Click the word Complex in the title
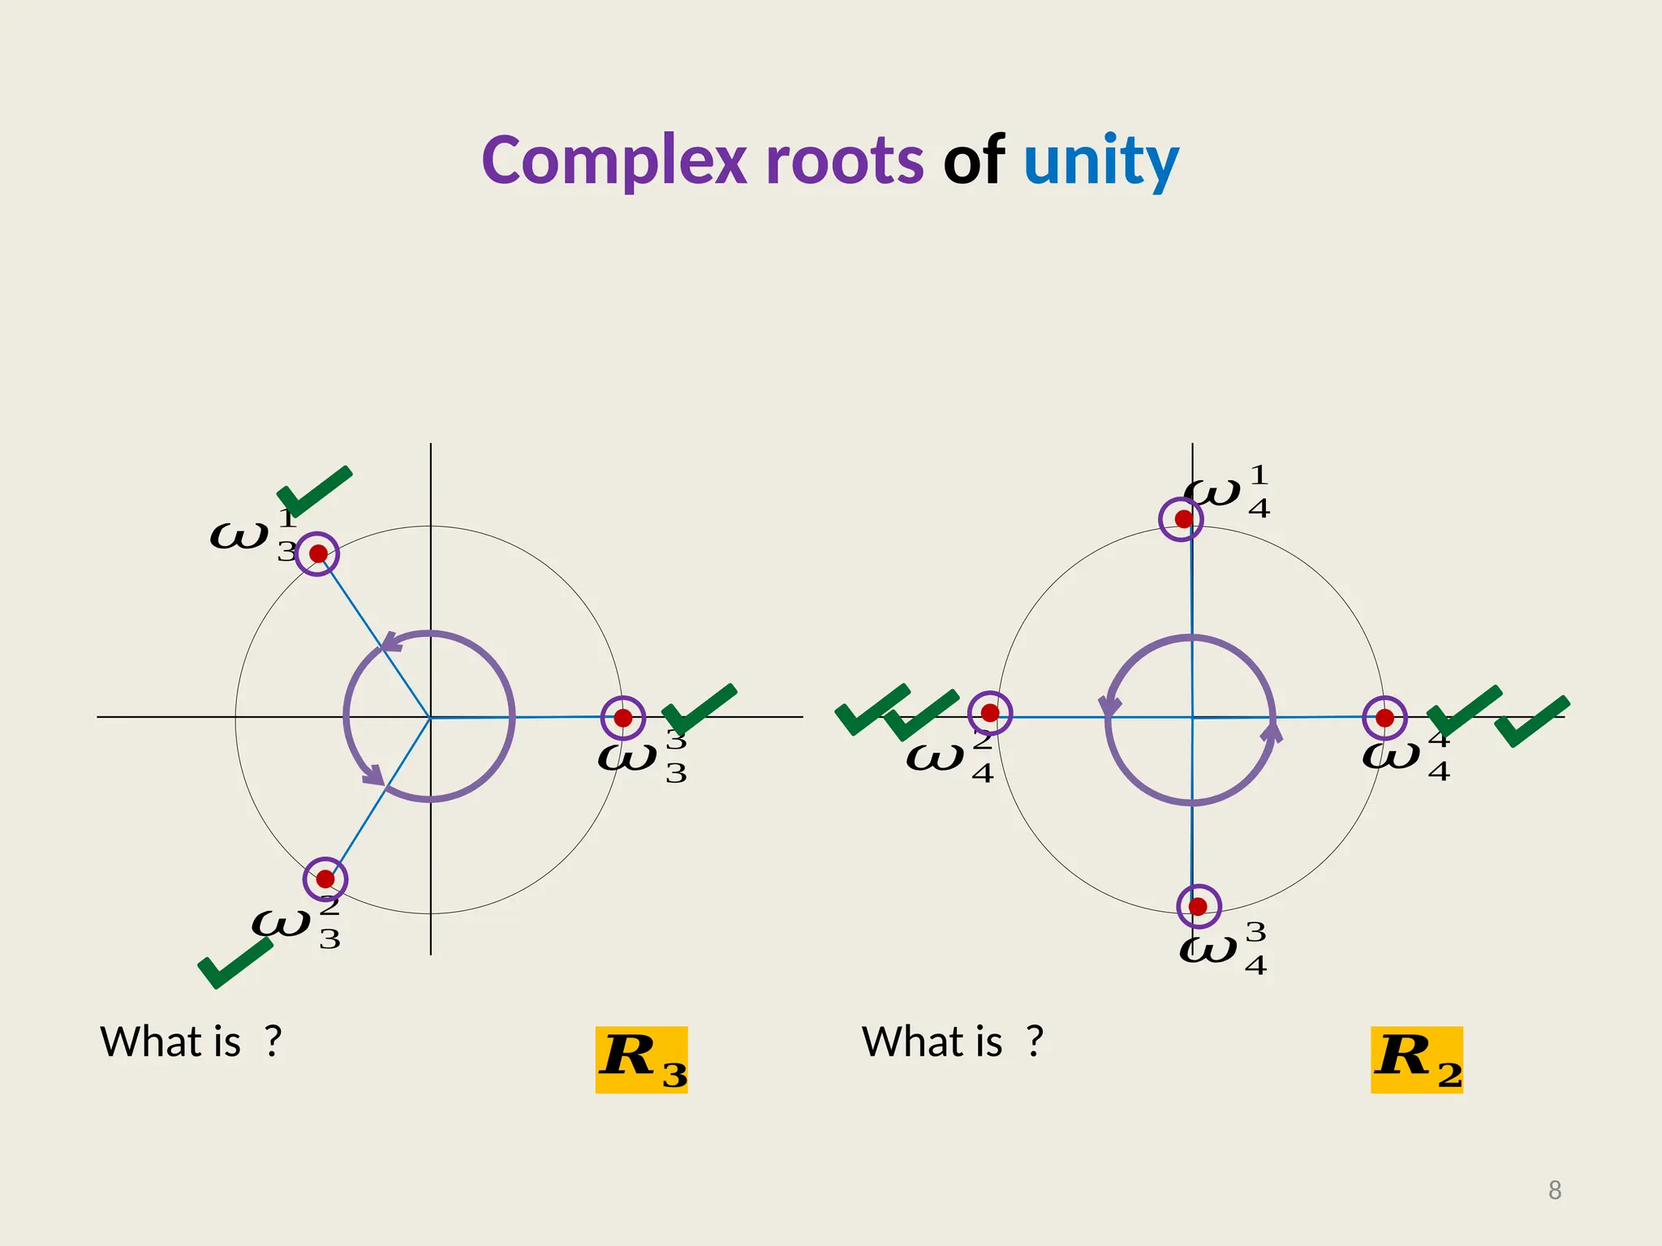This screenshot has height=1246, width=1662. (614, 161)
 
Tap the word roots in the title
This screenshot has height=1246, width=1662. (844, 161)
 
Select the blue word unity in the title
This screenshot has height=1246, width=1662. (1100, 161)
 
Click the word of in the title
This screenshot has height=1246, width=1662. (974, 161)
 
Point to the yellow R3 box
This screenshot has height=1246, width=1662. (641, 1059)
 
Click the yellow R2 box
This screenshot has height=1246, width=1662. (1417, 1059)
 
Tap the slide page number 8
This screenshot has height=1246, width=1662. (1555, 1190)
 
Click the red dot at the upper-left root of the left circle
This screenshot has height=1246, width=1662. (318, 554)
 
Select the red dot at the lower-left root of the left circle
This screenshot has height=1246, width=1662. (325, 879)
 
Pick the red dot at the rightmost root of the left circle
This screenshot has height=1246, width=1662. (623, 718)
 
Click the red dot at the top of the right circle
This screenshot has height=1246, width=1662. (1183, 518)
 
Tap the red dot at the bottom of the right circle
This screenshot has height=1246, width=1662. (1199, 907)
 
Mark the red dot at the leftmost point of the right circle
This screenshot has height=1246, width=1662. (990, 713)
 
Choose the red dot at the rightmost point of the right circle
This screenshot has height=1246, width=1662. (1385, 718)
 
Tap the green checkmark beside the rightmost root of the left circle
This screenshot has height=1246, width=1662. (698, 709)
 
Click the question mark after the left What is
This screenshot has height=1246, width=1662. (273, 1042)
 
